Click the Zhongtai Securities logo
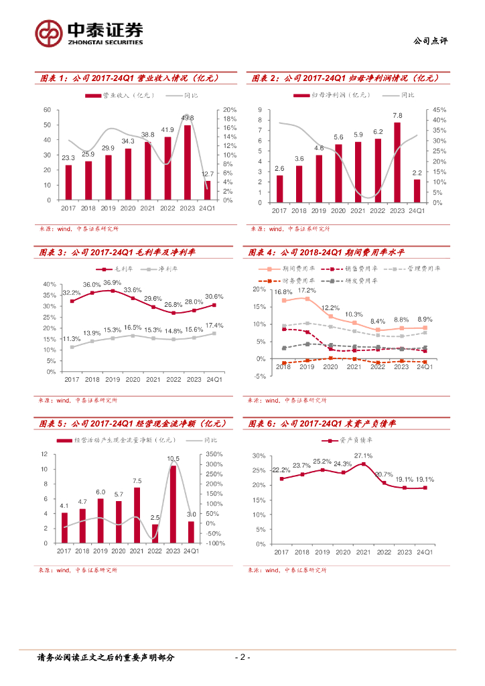coord(89,32)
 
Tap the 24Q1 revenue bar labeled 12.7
coord(207,190)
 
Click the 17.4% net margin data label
coord(215,325)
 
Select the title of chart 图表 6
coord(320,423)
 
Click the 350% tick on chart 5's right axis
coord(215,454)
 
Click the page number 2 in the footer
coord(242,657)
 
